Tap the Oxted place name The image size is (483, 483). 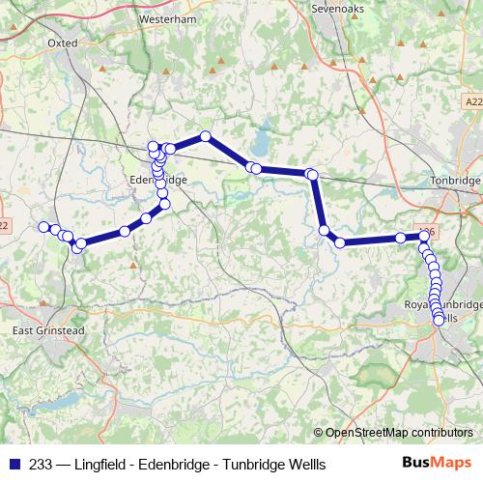click(x=62, y=43)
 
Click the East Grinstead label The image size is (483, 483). click(x=48, y=330)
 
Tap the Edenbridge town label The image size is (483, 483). click(x=157, y=180)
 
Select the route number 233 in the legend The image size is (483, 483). click(x=43, y=464)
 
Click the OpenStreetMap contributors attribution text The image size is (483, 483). click(x=398, y=432)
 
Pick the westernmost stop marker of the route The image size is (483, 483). click(x=43, y=227)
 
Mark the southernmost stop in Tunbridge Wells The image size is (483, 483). click(x=440, y=321)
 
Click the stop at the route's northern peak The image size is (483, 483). click(x=205, y=136)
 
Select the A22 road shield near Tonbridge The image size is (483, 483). click(x=471, y=100)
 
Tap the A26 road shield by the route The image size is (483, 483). click(x=430, y=231)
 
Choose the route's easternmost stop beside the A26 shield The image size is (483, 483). click(x=424, y=236)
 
